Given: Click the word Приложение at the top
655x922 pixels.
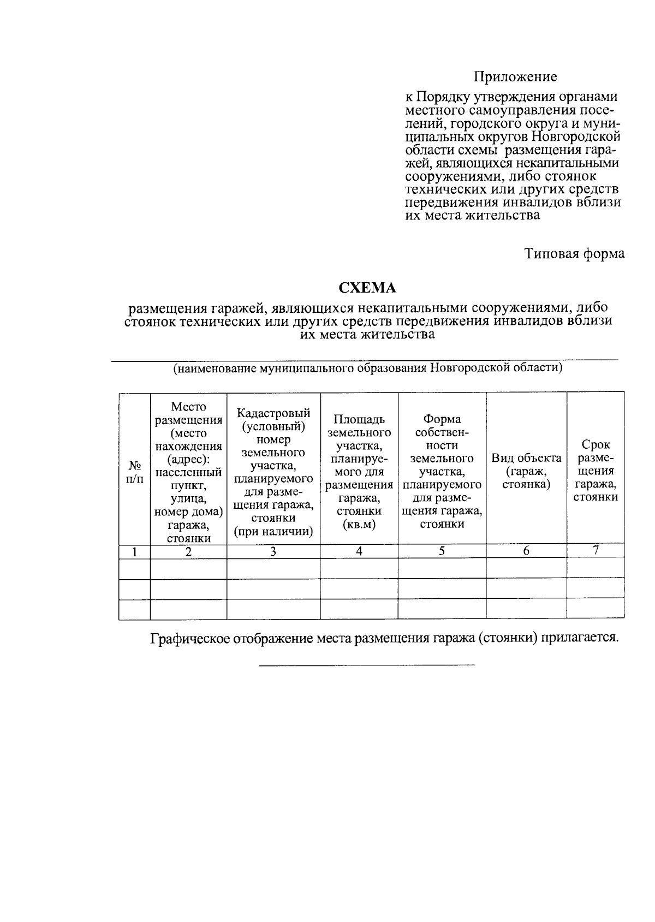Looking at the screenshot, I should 515,77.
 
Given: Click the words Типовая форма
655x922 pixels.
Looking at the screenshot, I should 574,254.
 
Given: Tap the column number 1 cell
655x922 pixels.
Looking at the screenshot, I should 134,552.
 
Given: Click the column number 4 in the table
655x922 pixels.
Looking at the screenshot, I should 359,551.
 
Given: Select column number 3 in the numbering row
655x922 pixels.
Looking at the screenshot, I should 273,552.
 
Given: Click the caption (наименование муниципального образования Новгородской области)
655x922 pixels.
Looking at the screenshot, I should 367,368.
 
